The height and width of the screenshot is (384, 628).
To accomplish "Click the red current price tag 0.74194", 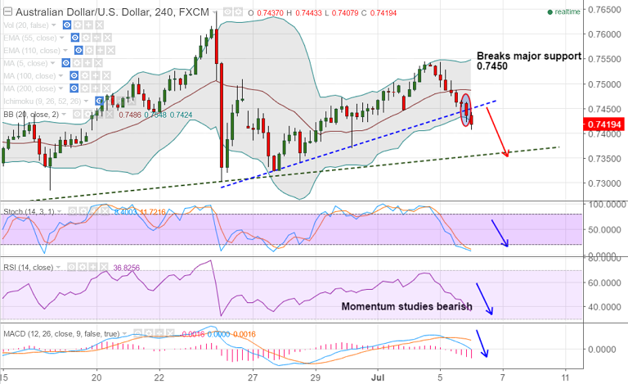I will click(x=603, y=124).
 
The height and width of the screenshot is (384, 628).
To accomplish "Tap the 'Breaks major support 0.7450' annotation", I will click(x=530, y=61).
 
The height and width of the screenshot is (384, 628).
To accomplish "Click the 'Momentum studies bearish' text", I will click(x=406, y=306).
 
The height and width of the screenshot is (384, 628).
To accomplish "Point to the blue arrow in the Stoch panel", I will click(x=500, y=233).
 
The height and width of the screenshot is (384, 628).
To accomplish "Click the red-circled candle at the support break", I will click(x=466, y=111).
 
